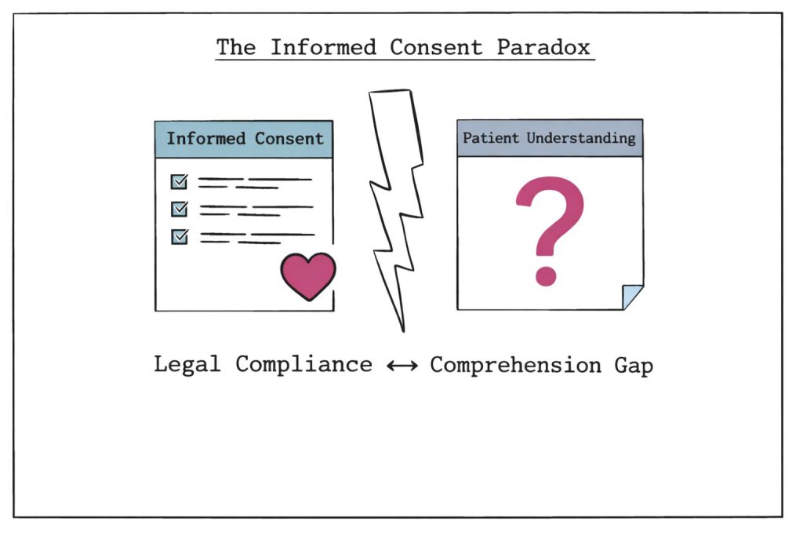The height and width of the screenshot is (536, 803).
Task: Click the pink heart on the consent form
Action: pos(307,275)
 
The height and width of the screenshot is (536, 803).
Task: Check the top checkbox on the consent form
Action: pos(179,182)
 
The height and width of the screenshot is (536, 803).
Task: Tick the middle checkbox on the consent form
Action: pos(179,209)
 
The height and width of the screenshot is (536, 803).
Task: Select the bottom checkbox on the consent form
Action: pos(179,235)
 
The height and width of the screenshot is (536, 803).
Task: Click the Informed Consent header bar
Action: pos(244,140)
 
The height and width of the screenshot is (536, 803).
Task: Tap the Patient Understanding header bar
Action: pos(549,138)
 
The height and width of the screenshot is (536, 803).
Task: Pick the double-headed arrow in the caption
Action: pos(401,366)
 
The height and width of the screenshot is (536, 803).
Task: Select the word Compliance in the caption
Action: pos(303,366)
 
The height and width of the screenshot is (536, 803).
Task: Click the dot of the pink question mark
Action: pos(545,275)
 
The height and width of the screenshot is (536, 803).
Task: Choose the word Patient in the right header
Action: pos(491,138)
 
